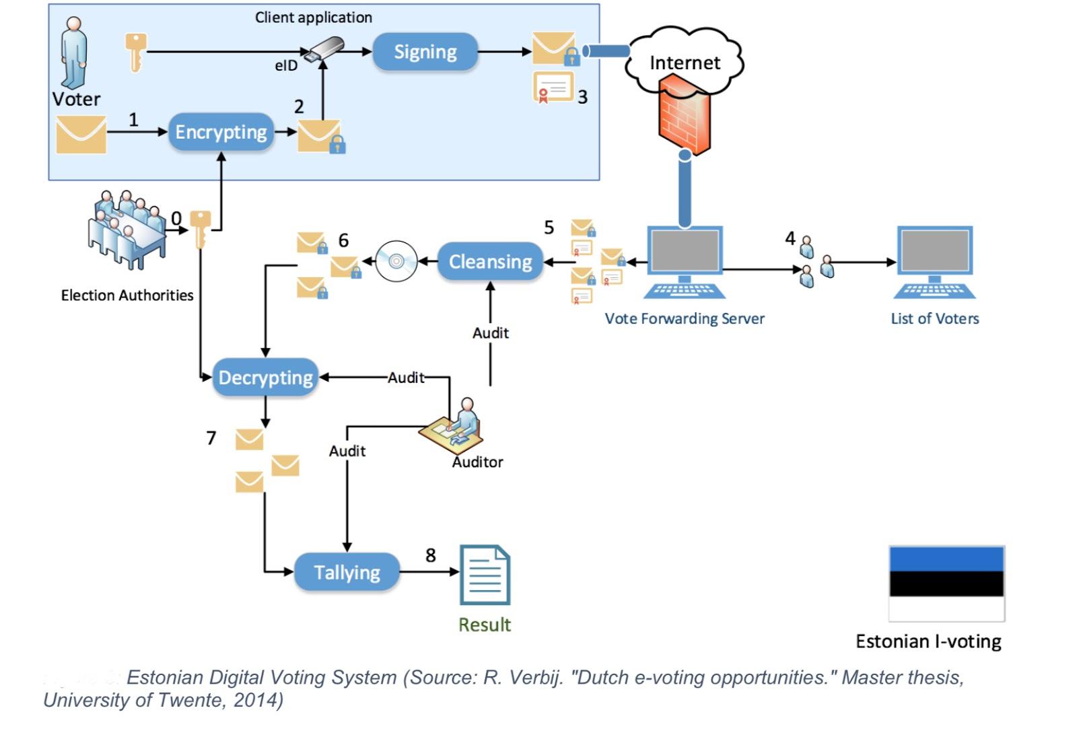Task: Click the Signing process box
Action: pyautogui.click(x=425, y=52)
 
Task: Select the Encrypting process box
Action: pyautogui.click(x=221, y=132)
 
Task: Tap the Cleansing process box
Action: pyautogui.click(x=490, y=261)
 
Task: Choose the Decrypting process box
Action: pyautogui.click(x=265, y=378)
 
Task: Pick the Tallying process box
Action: pyautogui.click(x=347, y=572)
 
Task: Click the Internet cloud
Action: pyautogui.click(x=685, y=61)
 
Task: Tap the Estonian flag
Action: pyautogui.click(x=946, y=583)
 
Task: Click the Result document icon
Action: pyautogui.click(x=485, y=575)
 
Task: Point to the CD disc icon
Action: pyautogui.click(x=396, y=261)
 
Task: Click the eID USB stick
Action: pyautogui.click(x=324, y=50)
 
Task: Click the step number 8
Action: pyautogui.click(x=431, y=555)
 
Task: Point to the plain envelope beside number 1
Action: pyautogui.click(x=81, y=135)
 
